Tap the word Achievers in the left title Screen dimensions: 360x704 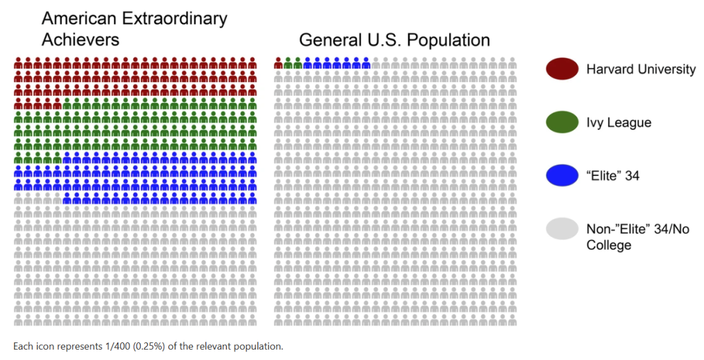point(80,39)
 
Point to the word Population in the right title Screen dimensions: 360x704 point(448,40)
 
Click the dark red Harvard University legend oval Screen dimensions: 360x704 point(562,68)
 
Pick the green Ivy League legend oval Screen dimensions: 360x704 point(562,122)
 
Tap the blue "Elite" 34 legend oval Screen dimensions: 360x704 point(562,175)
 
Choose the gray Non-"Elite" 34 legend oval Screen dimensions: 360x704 point(562,228)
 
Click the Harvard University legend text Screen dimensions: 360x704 point(641,69)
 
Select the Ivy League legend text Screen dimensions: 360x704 point(619,123)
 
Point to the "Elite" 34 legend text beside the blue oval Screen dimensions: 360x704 point(613,175)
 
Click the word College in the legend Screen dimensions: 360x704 point(609,245)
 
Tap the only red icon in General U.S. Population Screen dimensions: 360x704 point(278,63)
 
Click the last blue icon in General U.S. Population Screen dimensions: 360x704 point(366,63)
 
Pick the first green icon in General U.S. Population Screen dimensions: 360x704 point(288,63)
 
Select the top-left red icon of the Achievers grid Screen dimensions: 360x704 point(18,63)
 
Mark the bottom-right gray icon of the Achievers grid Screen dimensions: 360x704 point(252,320)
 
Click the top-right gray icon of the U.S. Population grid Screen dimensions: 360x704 point(512,63)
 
